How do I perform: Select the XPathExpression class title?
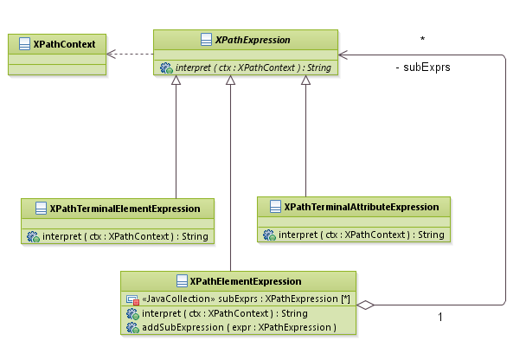tap(252, 40)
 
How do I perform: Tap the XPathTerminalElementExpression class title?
tap(125, 209)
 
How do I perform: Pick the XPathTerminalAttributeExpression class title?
tap(360, 206)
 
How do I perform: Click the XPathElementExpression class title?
tap(246, 281)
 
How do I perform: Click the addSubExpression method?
tap(238, 327)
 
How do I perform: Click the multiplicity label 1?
tap(439, 318)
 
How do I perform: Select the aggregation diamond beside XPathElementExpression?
tap(367, 305)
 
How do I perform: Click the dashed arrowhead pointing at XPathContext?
tap(111, 54)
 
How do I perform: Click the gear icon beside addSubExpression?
tap(132, 327)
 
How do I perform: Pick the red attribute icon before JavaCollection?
tap(132, 298)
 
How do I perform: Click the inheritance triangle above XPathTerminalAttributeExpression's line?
tap(305, 80)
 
